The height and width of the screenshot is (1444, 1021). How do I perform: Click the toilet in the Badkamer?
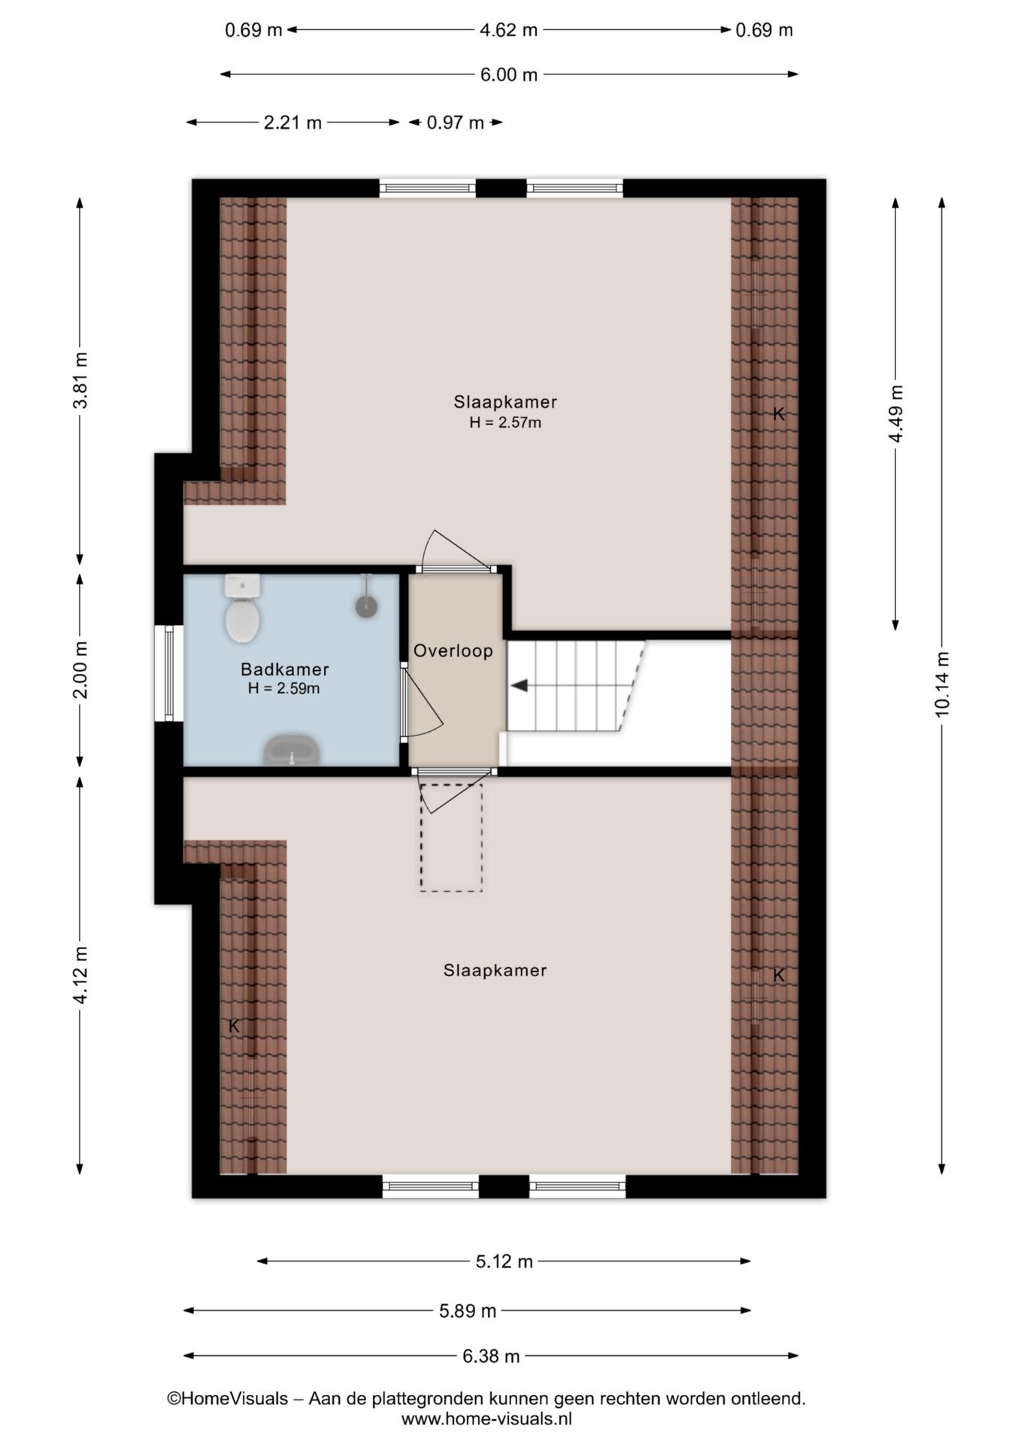242,608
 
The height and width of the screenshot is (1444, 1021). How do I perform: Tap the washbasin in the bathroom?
292,750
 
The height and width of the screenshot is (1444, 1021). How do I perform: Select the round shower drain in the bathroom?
366,606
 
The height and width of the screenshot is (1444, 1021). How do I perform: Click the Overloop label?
453,651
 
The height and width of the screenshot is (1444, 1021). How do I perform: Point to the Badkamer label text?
285,669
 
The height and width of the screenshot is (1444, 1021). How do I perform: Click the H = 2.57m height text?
505,423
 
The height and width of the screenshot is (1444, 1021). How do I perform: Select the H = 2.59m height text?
283,688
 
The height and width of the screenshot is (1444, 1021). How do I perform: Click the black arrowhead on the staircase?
519,685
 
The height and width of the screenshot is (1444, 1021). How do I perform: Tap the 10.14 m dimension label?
942,684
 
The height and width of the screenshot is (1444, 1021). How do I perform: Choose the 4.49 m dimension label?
895,414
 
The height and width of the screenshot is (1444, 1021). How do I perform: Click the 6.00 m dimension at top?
509,74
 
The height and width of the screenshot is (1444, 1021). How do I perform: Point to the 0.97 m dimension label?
455,122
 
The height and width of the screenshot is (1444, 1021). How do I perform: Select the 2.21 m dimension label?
292,122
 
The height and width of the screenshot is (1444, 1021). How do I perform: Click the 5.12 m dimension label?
504,1261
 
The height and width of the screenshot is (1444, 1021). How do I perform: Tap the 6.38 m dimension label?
491,1356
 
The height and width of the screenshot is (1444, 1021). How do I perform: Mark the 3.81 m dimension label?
80,380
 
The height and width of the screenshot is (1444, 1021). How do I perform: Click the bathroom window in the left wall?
168,673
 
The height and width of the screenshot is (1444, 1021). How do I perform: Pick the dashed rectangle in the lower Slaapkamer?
451,837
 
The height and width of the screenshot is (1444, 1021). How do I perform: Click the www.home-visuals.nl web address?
486,1419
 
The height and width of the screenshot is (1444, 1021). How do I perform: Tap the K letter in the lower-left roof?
234,1025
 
